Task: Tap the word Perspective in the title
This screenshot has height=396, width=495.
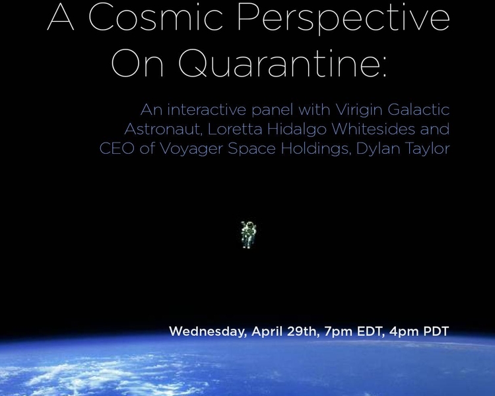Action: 343,20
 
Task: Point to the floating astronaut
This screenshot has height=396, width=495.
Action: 249,235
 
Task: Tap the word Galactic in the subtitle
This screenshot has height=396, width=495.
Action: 418,110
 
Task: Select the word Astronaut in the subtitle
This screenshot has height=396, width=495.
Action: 163,129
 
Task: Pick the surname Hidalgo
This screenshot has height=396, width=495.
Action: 296,129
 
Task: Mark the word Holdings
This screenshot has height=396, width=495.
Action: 315,149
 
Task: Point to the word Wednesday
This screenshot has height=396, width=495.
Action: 208,331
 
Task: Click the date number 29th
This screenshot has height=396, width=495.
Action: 302,331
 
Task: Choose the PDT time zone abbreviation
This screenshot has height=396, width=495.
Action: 436,331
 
